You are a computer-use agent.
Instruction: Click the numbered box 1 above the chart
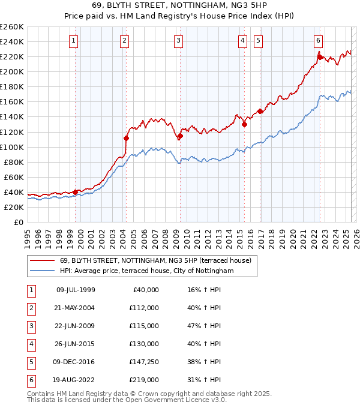[x=73, y=41]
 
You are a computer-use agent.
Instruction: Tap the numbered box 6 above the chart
[x=318, y=41]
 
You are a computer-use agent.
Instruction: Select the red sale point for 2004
[x=126, y=137]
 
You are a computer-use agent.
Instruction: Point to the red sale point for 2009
[x=180, y=136]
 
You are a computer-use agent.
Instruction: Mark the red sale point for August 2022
[x=320, y=57]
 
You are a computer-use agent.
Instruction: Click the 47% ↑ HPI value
[x=203, y=326]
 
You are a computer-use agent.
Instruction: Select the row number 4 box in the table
[x=31, y=344]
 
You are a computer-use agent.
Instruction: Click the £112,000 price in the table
[x=143, y=308]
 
